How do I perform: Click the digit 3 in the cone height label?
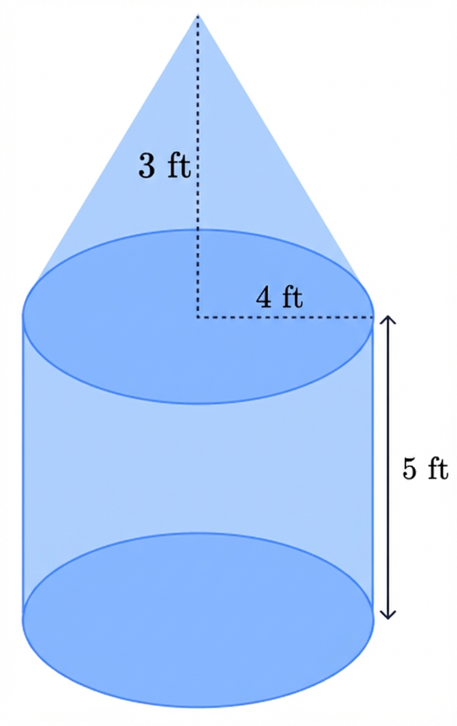(x=147, y=166)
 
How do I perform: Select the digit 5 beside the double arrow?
(x=410, y=469)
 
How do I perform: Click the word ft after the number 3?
(x=179, y=166)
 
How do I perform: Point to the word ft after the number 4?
(x=291, y=297)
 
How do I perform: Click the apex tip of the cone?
(x=198, y=16)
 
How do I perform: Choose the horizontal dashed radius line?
(x=280, y=318)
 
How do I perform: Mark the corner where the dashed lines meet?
(x=198, y=318)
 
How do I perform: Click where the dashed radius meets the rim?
(x=372, y=318)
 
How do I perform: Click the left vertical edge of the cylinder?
(x=24, y=465)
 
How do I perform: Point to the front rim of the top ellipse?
(x=198, y=403)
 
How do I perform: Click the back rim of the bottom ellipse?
(x=198, y=533)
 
